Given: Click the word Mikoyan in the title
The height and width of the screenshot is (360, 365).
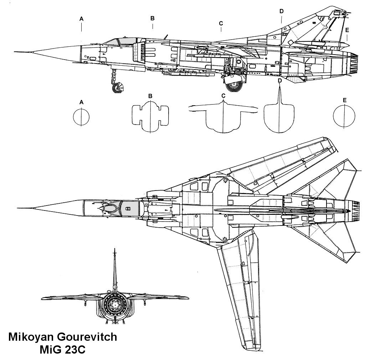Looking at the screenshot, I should (31, 337).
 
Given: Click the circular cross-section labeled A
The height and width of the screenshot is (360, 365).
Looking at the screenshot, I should (81, 117).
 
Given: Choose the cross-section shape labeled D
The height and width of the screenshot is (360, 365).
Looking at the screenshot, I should (279, 116).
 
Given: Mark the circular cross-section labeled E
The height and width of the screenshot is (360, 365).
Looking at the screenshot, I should (344, 117).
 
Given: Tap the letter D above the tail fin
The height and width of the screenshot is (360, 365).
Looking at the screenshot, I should (281, 11).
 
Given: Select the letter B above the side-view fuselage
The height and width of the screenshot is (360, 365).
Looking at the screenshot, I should (152, 18).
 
